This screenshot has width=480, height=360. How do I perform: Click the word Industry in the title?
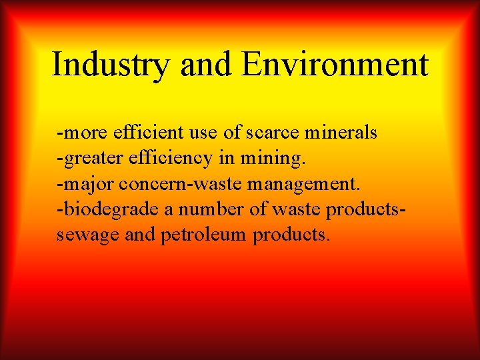[111, 65]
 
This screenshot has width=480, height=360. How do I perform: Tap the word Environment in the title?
[335, 65]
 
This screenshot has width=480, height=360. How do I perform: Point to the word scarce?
[273, 133]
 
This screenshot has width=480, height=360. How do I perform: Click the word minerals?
[340, 133]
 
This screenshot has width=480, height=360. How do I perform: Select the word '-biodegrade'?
[108, 209]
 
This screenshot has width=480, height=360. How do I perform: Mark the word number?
[209, 209]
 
